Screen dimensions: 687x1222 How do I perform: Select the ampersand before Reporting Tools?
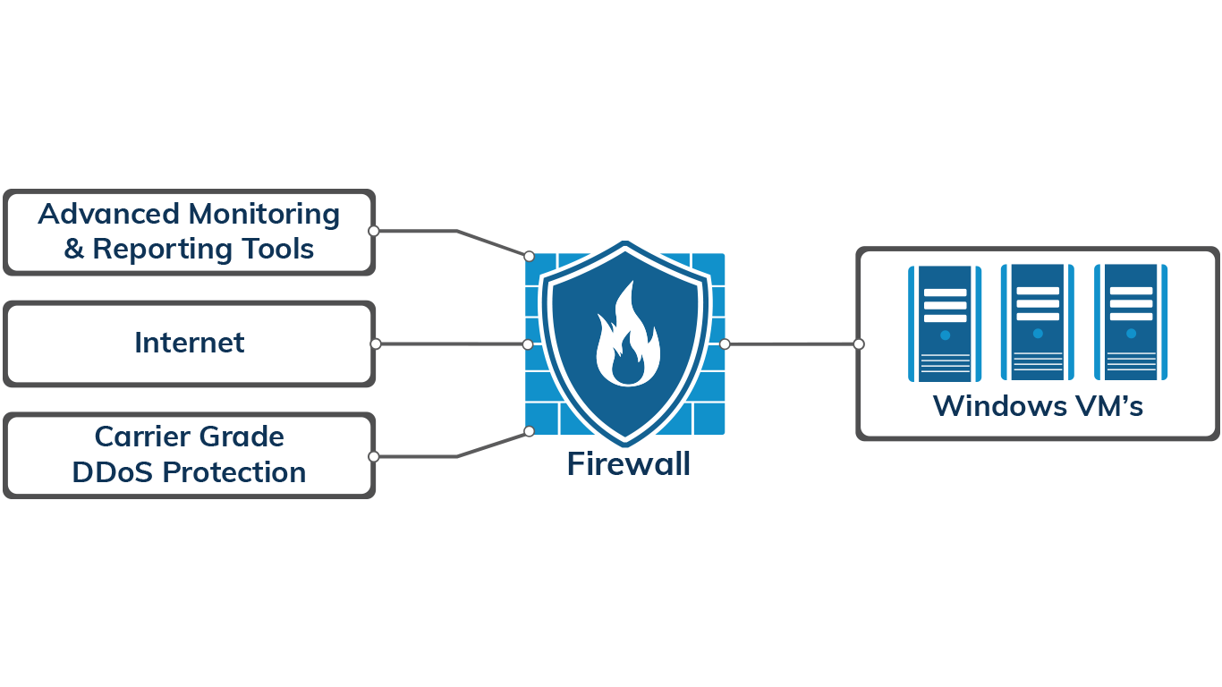pos(73,250)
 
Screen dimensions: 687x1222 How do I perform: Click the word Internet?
pos(189,343)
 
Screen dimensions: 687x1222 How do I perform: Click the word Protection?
pos(233,472)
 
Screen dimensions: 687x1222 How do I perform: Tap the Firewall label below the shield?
pos(628,464)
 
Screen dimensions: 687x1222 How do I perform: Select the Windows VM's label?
pos(1038,406)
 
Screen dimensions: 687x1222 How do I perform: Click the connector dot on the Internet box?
pos(376,343)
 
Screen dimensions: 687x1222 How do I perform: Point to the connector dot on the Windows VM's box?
pos(859,343)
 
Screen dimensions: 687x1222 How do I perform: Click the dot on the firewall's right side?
pos(725,343)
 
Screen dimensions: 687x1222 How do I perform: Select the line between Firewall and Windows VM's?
pos(792,343)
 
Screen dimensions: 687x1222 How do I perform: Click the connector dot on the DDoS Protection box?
pos(374,456)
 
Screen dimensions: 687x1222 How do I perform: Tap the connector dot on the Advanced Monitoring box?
pos(374,231)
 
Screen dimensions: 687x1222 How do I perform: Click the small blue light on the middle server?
pos(1038,334)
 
